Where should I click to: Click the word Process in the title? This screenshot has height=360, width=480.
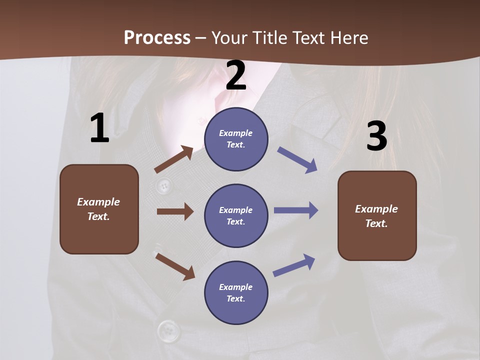point(157,37)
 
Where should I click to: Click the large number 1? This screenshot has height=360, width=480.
point(99,128)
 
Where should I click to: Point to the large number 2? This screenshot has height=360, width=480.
point(236,75)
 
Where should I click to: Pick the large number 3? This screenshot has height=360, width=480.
point(376,136)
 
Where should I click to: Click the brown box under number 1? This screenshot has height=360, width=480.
point(99,209)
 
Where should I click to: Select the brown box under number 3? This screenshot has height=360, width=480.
point(377,215)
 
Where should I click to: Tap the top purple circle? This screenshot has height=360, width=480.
point(236,138)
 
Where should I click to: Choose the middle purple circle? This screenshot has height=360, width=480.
point(236,215)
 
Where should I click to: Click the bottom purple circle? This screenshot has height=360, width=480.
point(236,292)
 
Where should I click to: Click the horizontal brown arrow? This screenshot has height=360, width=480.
point(175,211)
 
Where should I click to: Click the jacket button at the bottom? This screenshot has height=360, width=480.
point(169,330)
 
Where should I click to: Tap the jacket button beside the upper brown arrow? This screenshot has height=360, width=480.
point(162,186)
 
